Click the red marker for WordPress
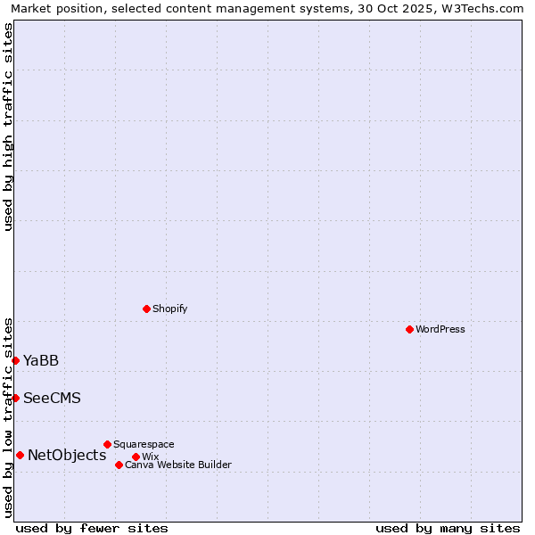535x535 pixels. [409, 329]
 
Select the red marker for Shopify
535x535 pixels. [146, 309]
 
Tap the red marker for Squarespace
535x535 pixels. [107, 444]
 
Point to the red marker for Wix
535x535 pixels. [136, 457]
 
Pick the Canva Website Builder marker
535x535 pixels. [119, 465]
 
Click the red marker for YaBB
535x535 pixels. [15, 360]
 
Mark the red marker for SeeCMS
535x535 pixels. [15, 398]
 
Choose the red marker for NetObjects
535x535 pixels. [20, 455]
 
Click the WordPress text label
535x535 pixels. [440, 329]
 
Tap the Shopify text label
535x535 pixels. [170, 309]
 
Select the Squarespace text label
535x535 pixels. [144, 444]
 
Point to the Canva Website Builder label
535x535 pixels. [178, 465]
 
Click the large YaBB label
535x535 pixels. [41, 360]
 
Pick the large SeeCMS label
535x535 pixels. [52, 398]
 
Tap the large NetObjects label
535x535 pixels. [67, 455]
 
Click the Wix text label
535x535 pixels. [150, 457]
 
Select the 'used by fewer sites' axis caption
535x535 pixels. [92, 528]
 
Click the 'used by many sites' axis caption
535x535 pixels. [448, 528]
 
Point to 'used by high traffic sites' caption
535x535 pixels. [8, 127]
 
